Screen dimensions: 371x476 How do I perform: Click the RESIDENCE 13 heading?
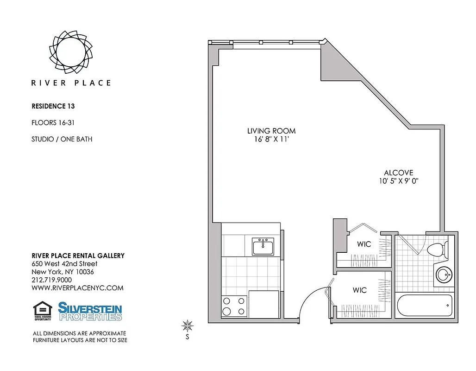click(x=53, y=106)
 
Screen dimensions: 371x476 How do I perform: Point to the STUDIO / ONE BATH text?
click(x=62, y=139)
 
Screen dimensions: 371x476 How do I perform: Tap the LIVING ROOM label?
click(x=271, y=131)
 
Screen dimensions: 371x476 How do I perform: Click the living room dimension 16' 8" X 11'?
click(x=271, y=140)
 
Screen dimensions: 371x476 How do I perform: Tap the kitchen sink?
click(x=263, y=246)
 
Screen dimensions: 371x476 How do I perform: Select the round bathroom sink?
click(x=444, y=275)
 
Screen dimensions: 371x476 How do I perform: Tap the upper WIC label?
click(x=364, y=244)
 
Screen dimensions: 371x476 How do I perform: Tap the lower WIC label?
click(x=360, y=290)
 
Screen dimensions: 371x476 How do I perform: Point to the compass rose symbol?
click(x=188, y=326)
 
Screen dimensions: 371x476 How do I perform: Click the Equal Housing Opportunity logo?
click(x=43, y=311)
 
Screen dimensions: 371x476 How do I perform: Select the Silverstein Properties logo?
click(x=90, y=311)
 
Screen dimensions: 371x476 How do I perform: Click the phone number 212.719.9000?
click(x=51, y=280)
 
